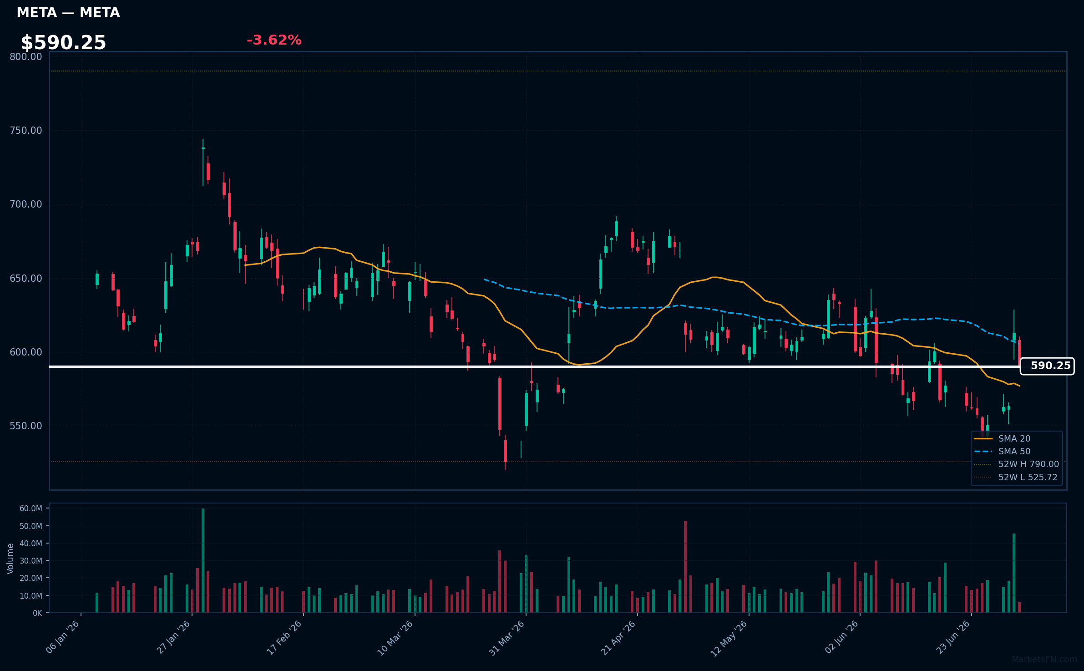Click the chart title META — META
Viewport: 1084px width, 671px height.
(68, 12)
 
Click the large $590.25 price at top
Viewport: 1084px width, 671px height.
(63, 43)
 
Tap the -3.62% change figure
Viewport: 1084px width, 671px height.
(274, 40)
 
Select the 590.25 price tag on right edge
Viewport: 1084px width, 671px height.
(1047, 366)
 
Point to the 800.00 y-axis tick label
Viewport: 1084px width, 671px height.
(26, 56)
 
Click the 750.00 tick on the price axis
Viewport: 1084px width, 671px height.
(26, 130)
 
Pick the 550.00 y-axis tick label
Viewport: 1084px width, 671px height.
(26, 426)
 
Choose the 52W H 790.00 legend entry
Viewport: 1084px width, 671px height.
(1017, 464)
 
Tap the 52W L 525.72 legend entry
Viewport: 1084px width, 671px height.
(1016, 477)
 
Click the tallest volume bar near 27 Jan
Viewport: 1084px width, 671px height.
(203, 560)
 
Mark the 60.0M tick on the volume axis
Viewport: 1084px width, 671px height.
(31, 508)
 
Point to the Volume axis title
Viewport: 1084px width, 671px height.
(10, 559)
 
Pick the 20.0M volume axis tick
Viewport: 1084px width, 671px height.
(31, 578)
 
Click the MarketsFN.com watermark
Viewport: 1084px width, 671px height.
(1044, 660)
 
